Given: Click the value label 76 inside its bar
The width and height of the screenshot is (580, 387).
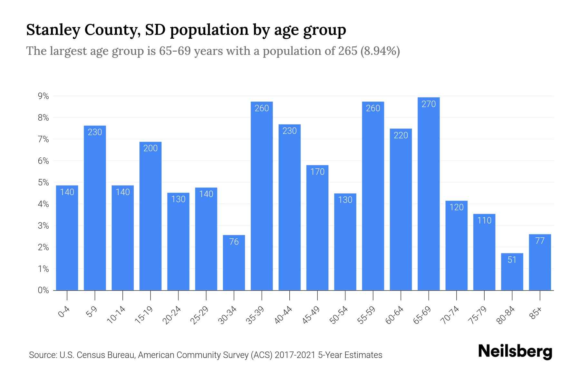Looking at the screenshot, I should click(234, 242).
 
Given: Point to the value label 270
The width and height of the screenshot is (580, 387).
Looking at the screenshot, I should click(429, 104).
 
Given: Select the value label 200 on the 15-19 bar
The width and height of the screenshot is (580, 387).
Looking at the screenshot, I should click(150, 148).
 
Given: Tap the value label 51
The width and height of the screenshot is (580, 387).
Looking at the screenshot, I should click(512, 260).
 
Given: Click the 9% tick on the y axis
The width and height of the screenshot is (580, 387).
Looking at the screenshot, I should click(43, 96).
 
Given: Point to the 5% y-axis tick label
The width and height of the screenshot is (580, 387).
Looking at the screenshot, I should click(43, 183).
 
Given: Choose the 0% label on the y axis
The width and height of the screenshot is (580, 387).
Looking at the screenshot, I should click(43, 290).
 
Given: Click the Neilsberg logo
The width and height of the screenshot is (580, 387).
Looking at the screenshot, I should click(515, 352).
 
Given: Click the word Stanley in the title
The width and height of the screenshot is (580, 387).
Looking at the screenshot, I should click(53, 30).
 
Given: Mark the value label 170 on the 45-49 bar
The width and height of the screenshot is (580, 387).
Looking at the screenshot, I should click(317, 172).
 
